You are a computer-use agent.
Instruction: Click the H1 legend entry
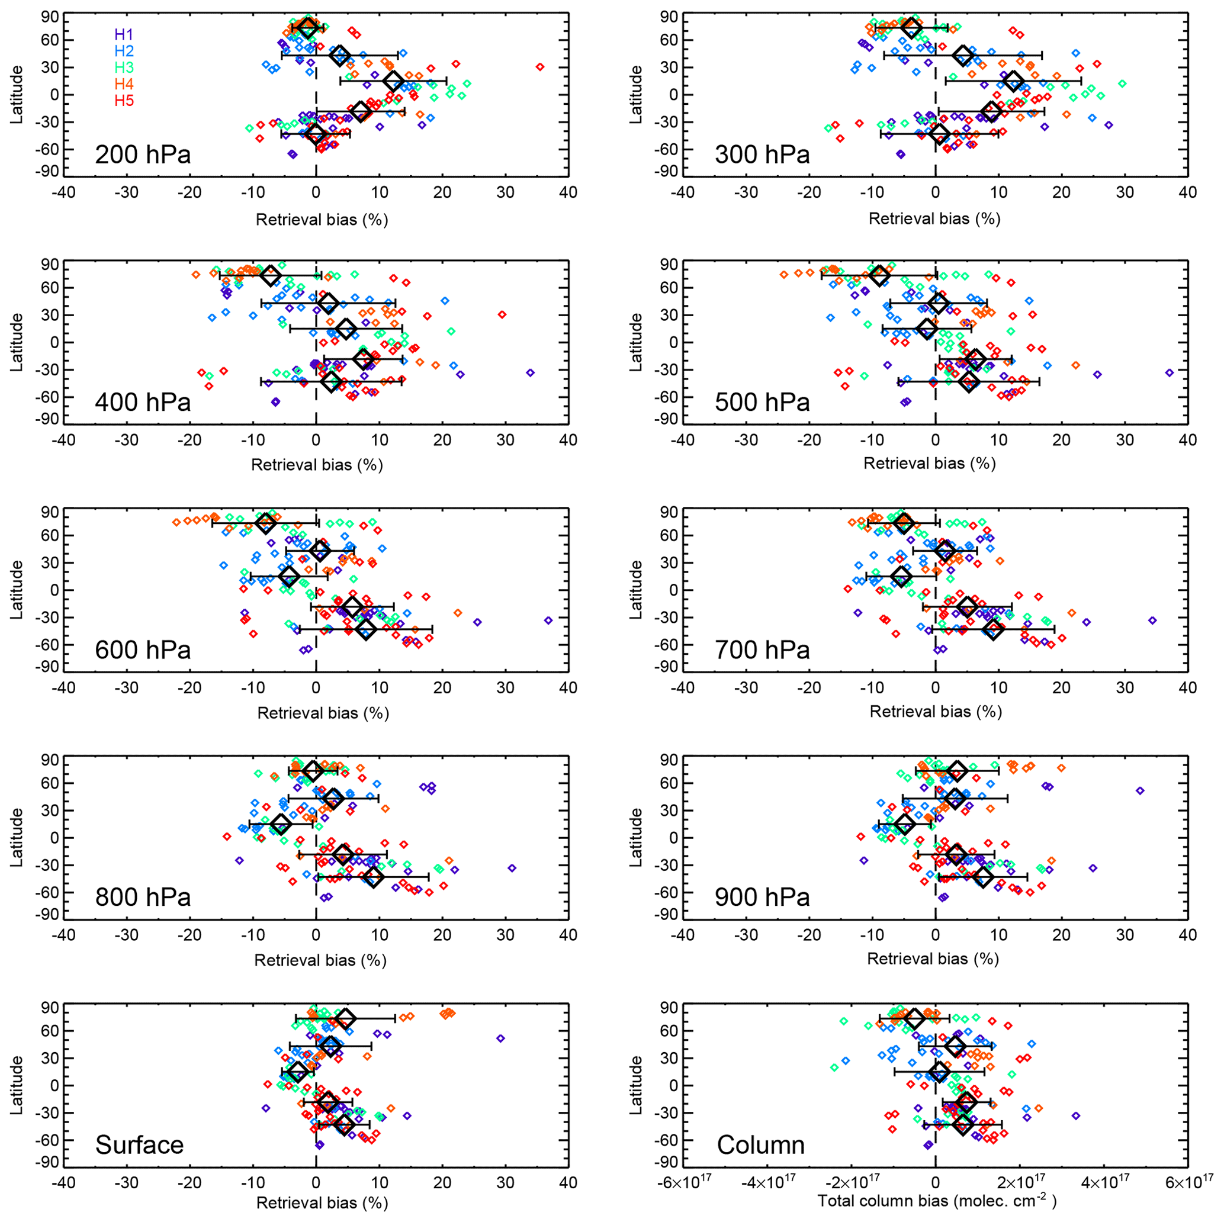click(124, 34)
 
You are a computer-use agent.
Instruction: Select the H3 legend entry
click(124, 67)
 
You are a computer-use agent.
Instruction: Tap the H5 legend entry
click(124, 100)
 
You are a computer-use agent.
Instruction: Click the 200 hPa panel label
click(143, 155)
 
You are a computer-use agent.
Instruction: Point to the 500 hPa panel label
click(762, 402)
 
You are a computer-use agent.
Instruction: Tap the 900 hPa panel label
click(762, 897)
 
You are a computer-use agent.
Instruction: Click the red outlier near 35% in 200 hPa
click(540, 66)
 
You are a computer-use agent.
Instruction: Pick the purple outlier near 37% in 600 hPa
click(549, 620)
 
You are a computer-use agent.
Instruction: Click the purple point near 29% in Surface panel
click(500, 1038)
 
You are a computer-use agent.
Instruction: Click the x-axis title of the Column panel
click(937, 1201)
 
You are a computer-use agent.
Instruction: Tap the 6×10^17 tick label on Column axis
click(1187, 1183)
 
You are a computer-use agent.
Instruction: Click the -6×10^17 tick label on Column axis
click(683, 1183)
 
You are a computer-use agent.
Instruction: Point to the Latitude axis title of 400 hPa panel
click(17, 342)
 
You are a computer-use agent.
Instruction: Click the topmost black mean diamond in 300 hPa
click(911, 27)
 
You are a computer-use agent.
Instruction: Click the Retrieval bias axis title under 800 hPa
click(320, 960)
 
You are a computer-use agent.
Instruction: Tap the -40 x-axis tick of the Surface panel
click(63, 1183)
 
